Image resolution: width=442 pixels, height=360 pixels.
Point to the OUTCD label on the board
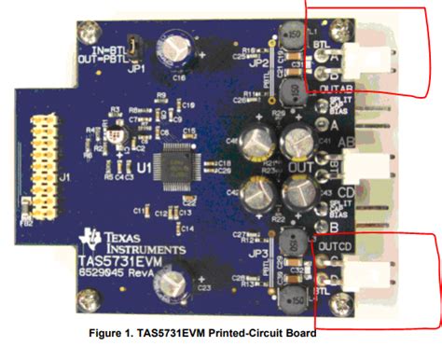tap(329, 245)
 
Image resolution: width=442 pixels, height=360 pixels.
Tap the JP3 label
tap(261, 254)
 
